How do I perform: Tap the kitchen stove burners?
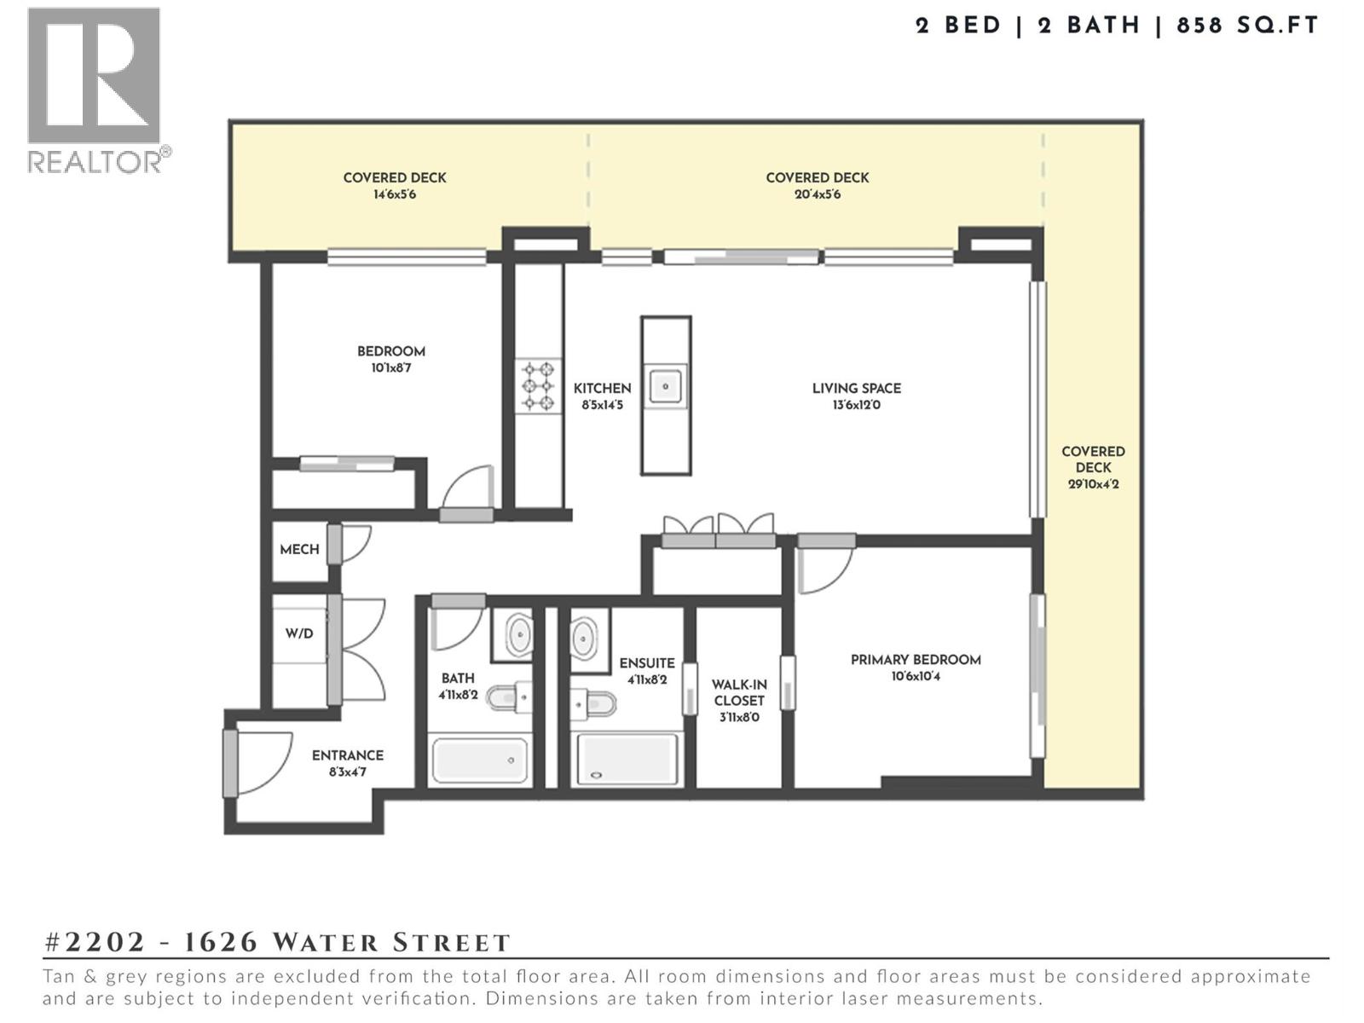coord(538,386)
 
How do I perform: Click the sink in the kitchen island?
coord(666,386)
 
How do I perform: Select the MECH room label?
coord(299,550)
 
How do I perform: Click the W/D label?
coord(298,633)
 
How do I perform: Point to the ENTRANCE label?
coord(347,755)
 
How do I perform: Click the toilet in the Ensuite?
coord(594,704)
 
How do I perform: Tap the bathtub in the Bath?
coord(479,760)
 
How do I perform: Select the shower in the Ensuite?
coord(627,760)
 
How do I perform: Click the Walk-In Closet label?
coord(739,692)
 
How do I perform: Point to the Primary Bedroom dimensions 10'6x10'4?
coord(916,677)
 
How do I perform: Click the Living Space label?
coord(856,389)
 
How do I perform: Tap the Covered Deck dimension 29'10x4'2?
coord(1093,484)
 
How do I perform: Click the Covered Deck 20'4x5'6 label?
coord(817,178)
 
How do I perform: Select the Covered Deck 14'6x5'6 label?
coord(395,178)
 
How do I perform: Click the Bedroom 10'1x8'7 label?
coord(390,352)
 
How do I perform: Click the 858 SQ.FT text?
coord(1247,26)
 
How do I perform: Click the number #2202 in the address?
coord(95,942)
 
